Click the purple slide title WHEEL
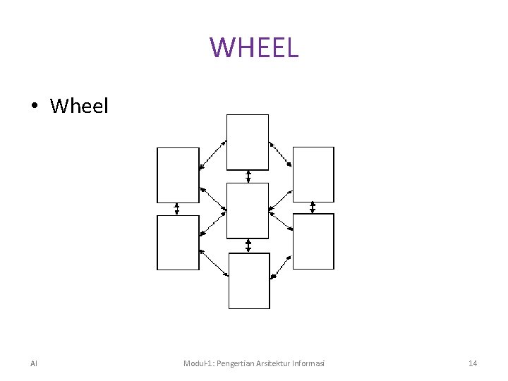tap(254, 47)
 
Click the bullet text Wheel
tap(80, 107)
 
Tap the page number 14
tap(473, 363)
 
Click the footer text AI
tap(34, 363)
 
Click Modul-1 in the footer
tap(199, 363)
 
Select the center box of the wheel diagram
tap(248, 210)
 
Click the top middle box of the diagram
tap(248, 142)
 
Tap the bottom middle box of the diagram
tap(249, 281)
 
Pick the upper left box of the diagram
tap(178, 175)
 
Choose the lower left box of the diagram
tap(178, 243)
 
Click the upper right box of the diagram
tap(313, 174)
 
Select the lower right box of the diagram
tap(313, 241)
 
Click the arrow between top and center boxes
tap(248, 176)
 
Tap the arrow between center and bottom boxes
tap(248, 246)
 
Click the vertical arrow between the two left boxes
tap(177, 209)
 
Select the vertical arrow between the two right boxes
tap(313, 207)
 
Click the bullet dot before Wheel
tap(33, 107)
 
